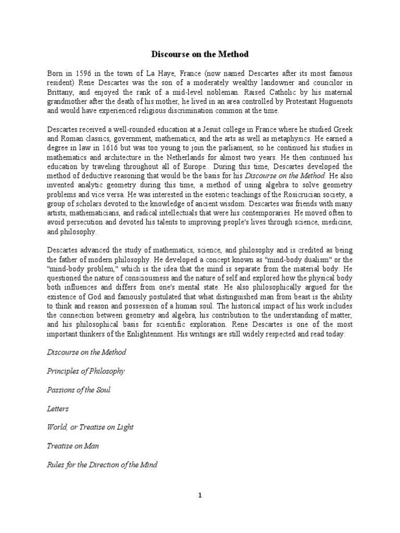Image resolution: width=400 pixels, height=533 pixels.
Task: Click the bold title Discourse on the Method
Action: pos(200,54)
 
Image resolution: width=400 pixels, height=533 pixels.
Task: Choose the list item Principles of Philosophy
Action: pos(85,371)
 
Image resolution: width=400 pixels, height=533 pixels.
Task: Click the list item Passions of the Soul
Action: pos(79,390)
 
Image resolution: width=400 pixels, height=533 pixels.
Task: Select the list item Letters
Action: pos(58,409)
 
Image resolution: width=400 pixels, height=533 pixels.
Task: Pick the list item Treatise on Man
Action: pos(73,446)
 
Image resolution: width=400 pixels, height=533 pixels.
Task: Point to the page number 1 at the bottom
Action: pos(200,496)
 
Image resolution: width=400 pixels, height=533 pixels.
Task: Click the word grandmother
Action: pos(69,101)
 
